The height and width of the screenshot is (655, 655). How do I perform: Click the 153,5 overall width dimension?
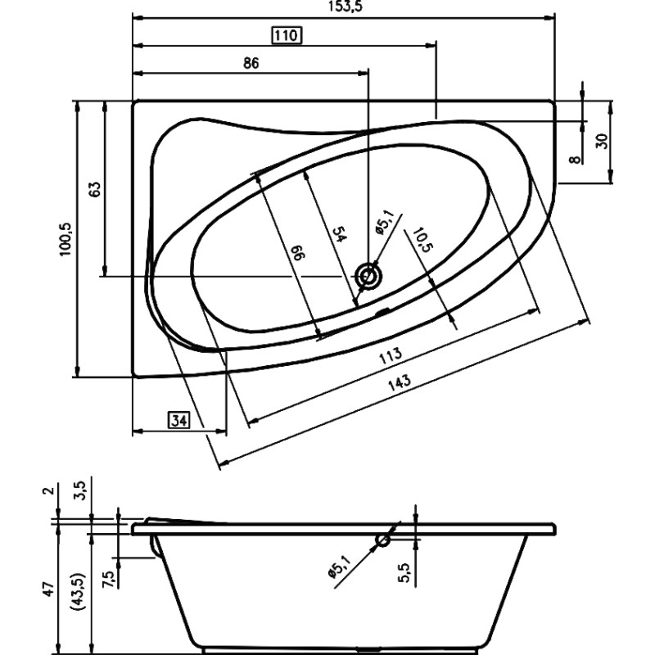pyautogui.click(x=345, y=7)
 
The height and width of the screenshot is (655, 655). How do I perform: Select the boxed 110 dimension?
pyautogui.click(x=287, y=35)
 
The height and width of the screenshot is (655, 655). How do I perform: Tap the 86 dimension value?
pyautogui.click(x=251, y=63)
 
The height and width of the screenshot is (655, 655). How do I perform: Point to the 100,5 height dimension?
pyautogui.click(x=65, y=239)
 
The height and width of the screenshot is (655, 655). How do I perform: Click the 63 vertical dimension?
pyautogui.click(x=95, y=189)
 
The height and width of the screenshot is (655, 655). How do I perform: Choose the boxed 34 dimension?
pyautogui.click(x=178, y=420)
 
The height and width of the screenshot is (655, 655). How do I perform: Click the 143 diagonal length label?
pyautogui.click(x=400, y=382)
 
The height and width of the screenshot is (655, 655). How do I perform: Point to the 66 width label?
pyautogui.click(x=300, y=253)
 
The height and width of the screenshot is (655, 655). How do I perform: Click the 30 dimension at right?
pyautogui.click(x=602, y=142)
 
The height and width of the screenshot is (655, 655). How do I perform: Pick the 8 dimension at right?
pyautogui.click(x=576, y=160)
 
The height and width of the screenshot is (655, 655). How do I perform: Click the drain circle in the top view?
pyautogui.click(x=368, y=277)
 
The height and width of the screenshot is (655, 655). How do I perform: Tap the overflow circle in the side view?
pyautogui.click(x=382, y=540)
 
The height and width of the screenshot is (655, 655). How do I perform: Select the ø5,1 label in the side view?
pyautogui.click(x=339, y=567)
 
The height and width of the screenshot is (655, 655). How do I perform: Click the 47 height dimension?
pyautogui.click(x=49, y=589)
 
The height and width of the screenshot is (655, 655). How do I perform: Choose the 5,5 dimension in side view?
pyautogui.click(x=404, y=572)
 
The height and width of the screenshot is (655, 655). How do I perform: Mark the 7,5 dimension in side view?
pyautogui.click(x=108, y=580)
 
